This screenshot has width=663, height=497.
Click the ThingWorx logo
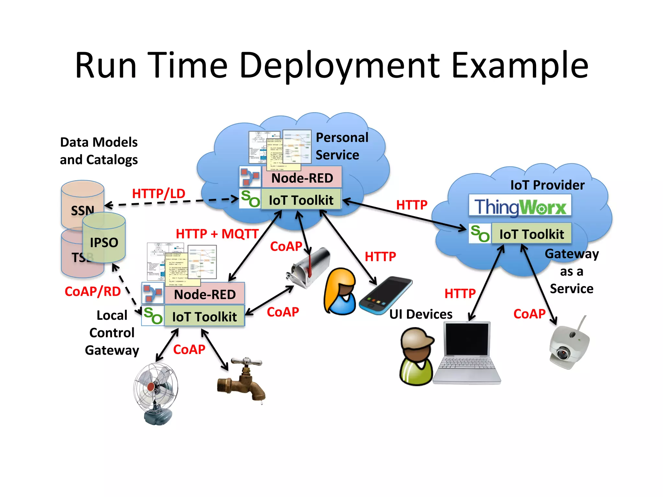click(520, 206)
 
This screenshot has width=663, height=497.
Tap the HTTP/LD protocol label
click(159, 193)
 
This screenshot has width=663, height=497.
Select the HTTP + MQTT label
click(217, 234)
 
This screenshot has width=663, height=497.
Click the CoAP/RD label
click(93, 291)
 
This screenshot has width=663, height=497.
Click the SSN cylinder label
click(83, 211)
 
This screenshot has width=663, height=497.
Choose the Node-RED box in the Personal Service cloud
click(302, 178)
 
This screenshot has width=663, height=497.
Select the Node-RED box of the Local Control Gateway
click(205, 294)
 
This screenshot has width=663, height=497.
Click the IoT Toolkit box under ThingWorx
click(531, 234)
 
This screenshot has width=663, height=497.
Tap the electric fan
click(156, 392)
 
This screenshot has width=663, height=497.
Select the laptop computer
click(467, 353)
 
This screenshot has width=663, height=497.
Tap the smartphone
click(385, 295)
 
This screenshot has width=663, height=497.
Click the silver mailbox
click(308, 267)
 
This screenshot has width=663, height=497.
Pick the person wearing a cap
click(416, 356)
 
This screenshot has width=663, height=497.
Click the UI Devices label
click(421, 314)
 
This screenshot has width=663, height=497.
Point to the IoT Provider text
click(547, 185)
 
